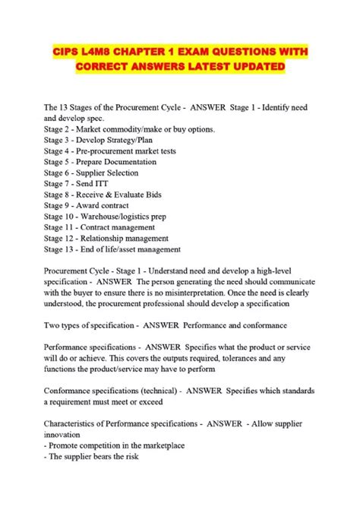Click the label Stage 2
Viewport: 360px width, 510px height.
coord(59,129)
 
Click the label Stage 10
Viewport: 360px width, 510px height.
coord(62,216)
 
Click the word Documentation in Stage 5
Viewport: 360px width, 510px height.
coord(137,162)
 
